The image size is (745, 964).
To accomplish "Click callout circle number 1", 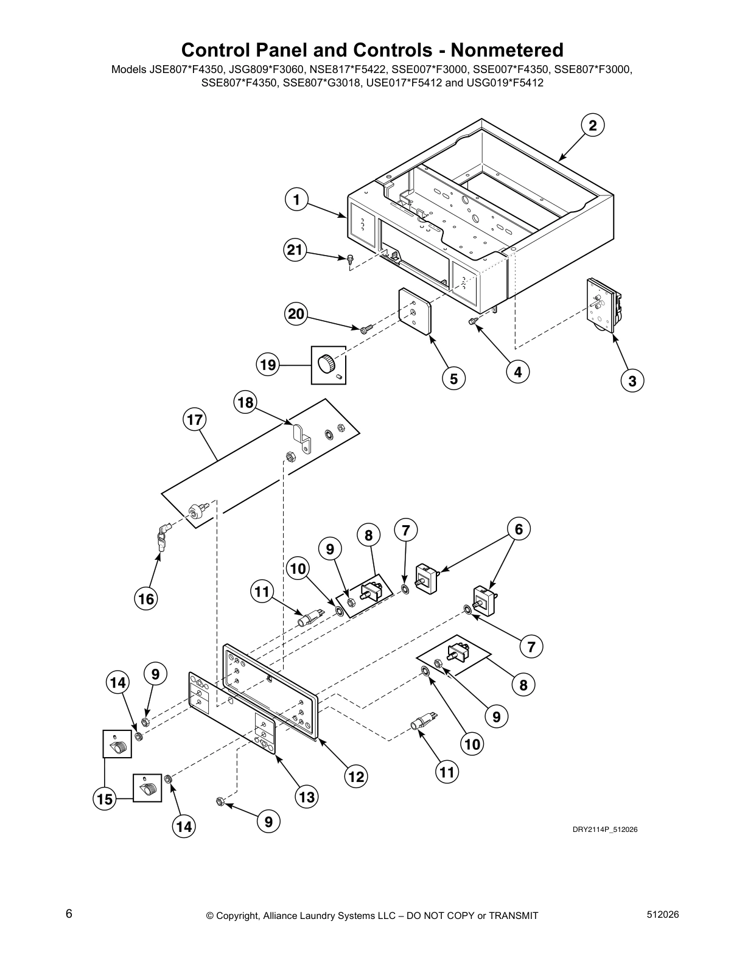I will coord(296,200).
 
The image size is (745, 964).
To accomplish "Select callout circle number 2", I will coord(592,125).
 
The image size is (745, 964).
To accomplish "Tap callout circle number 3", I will coord(632,381).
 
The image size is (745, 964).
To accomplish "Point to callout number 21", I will coord(295,250).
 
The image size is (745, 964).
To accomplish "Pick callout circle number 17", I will coord(195,419).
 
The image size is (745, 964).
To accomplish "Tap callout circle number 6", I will coord(519,529).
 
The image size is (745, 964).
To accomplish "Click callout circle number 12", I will coord(356,776).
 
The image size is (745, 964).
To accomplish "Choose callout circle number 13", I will coord(307,796).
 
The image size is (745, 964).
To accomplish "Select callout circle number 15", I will coord(105,798).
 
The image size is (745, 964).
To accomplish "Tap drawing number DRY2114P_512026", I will coord(604,830).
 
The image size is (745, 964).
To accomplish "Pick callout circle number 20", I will coord(295,314).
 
